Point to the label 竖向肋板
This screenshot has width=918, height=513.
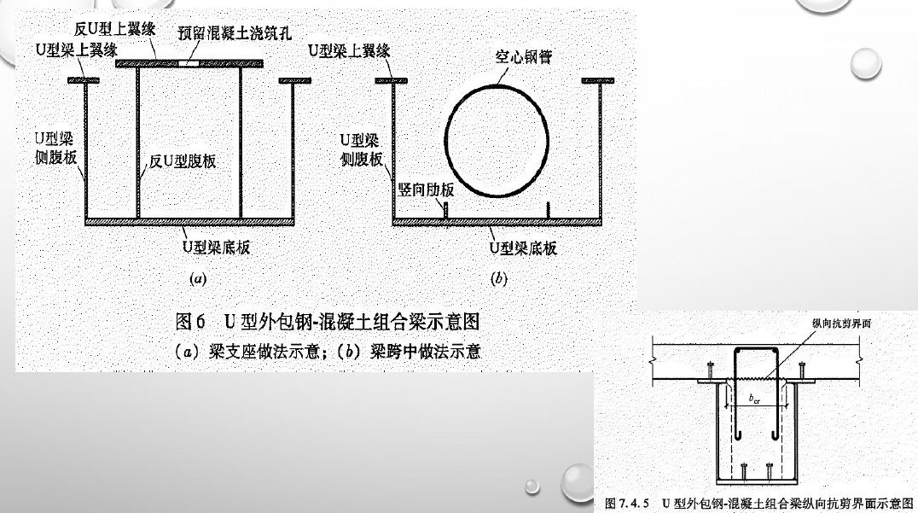click(x=426, y=189)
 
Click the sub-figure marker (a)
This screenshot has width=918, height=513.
click(x=197, y=278)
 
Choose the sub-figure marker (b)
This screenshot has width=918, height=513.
click(x=499, y=278)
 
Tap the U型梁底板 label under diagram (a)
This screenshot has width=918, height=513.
click(x=216, y=248)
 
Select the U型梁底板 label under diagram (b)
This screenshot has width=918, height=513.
click(x=522, y=248)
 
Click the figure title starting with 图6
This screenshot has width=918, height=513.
click(x=327, y=322)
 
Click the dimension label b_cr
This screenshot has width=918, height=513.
click(x=754, y=399)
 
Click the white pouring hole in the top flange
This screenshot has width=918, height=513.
click(x=189, y=62)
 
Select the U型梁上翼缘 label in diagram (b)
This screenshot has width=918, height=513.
click(x=350, y=51)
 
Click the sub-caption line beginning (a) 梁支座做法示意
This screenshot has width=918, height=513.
click(x=327, y=350)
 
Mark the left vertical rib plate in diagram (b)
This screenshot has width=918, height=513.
click(x=445, y=211)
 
